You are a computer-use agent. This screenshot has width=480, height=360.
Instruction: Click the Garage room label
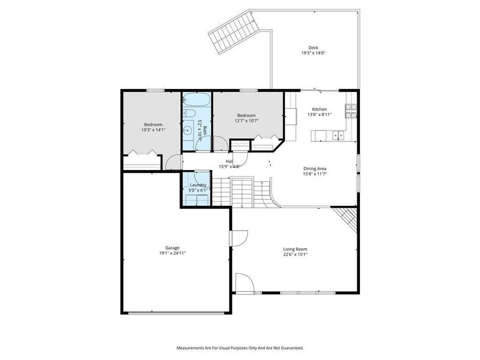pos(172,247)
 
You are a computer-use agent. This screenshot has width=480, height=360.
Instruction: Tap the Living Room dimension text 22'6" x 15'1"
pos(295,255)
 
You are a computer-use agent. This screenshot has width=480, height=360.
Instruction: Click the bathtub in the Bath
pos(197,100)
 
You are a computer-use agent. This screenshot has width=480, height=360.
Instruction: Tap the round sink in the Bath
pos(188,130)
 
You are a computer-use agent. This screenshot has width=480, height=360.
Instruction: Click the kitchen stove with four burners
pos(351,110)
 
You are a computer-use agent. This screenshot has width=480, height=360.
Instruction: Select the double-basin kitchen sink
pos(338,135)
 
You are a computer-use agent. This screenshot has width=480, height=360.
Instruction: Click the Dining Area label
pos(315,169)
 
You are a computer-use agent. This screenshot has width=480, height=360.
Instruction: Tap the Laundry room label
pos(197,185)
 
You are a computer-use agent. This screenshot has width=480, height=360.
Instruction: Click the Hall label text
pos(229,161)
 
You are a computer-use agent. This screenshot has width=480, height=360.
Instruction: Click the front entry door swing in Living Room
pos(243,283)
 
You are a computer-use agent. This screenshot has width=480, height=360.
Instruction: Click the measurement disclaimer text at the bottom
pos(240,348)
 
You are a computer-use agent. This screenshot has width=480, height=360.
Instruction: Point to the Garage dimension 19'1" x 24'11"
pos(172,253)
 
